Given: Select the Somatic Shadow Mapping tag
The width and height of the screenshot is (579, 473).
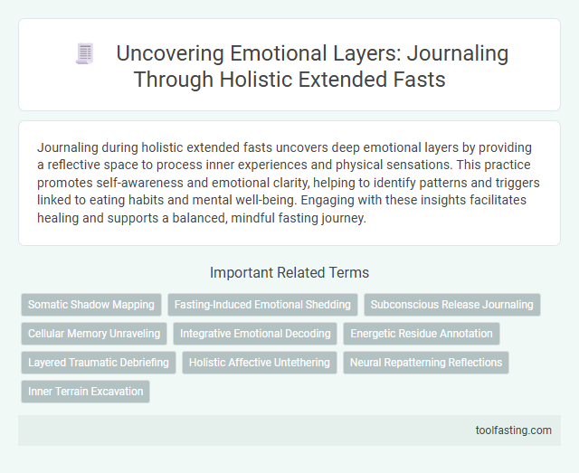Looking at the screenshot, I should (90, 305).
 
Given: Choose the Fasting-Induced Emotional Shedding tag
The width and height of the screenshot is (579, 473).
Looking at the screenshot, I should (262, 305).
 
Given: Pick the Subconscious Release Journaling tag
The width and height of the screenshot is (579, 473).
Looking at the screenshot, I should (452, 305).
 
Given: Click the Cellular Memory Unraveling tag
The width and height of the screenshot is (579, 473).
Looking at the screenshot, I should (94, 334).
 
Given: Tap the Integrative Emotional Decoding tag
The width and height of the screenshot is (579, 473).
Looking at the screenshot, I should (255, 334).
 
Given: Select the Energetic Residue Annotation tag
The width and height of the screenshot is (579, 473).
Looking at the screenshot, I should (421, 334).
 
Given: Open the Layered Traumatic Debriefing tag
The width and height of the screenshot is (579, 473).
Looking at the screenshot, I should (99, 363).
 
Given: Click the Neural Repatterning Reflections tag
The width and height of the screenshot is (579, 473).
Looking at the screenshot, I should (426, 363).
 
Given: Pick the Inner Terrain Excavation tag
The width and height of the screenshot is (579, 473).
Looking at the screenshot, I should (85, 392).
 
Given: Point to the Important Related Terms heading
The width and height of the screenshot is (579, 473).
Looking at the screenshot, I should (289, 271).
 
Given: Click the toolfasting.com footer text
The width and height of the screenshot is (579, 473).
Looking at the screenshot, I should (513, 430).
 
